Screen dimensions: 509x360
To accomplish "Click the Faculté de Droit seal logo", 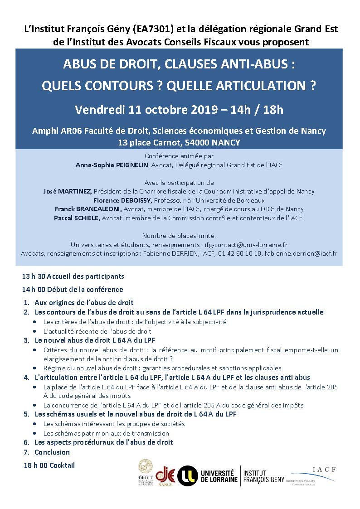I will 146,473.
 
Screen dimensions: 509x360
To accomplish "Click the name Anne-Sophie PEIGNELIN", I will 112,165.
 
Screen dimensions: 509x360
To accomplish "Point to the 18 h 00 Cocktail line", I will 49,465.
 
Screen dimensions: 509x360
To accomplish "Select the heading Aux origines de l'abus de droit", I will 84,302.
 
